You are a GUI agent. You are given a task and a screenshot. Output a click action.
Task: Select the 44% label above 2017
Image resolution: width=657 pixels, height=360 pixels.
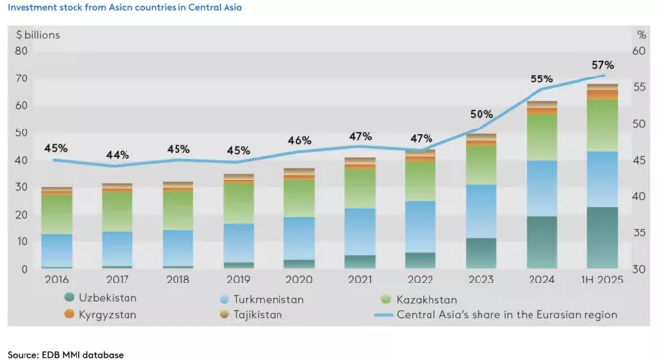click(118, 155)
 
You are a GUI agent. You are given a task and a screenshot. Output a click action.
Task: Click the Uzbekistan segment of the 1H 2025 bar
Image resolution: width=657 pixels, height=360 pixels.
click(602, 237)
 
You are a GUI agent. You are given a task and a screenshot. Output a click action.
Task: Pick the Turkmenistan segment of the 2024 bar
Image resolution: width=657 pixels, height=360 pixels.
click(542, 187)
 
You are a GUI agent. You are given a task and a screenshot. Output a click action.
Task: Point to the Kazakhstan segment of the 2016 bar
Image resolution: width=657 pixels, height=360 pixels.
click(57, 214)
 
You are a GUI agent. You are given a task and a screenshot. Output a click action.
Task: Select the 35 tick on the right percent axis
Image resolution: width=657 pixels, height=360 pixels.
click(638, 232)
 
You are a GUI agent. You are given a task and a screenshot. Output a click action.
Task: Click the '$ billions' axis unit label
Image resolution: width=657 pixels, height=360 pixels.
click(37, 35)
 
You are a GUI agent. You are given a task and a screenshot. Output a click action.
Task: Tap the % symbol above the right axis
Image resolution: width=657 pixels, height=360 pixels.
click(640, 35)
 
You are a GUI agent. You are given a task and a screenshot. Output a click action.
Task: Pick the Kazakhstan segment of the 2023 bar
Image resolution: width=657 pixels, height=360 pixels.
click(481, 165)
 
